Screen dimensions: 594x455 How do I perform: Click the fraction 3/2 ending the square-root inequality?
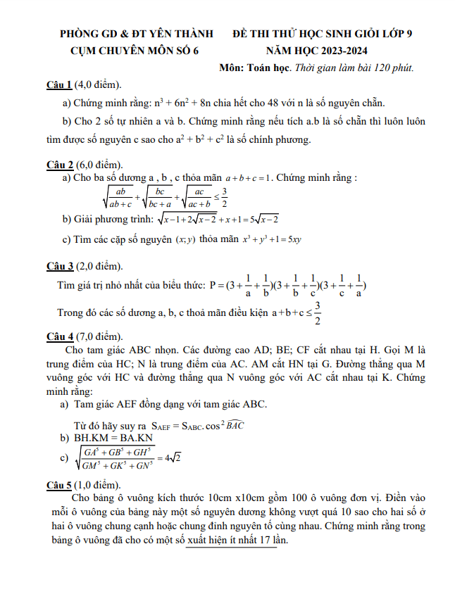224,198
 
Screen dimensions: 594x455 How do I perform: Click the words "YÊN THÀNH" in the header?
171,33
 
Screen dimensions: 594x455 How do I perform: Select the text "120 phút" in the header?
393,68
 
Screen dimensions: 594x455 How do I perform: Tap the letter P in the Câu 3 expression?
213,286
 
